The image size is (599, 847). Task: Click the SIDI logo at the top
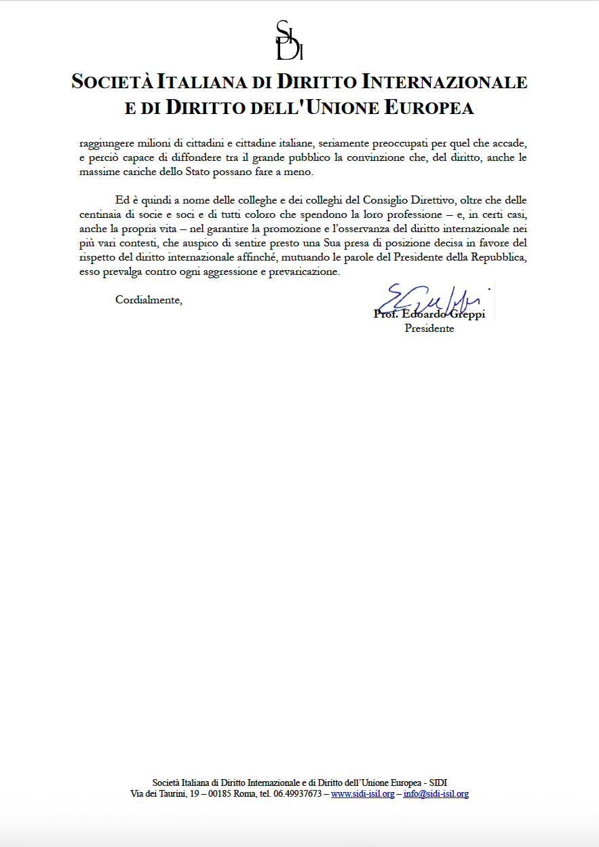coord(289,41)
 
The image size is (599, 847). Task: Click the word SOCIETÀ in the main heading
coord(112,82)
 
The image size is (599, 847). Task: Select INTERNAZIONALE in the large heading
coord(446,82)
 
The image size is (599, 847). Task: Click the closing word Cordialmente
coord(149,299)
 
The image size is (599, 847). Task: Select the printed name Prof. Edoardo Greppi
coord(429,315)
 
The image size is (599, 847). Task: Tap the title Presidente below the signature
coord(429,328)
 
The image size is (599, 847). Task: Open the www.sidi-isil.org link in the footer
coord(362,793)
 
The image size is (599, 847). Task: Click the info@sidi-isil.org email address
coord(436,793)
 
